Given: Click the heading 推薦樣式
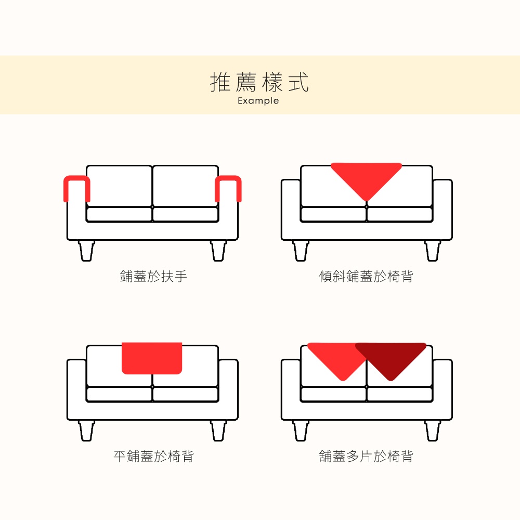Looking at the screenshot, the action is (259, 82).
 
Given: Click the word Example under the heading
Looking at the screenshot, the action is (258, 101).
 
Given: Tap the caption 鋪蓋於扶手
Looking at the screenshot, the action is (153, 276).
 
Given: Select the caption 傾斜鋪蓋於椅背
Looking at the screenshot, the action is (366, 276).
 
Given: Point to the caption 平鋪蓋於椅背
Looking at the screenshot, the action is (153, 457).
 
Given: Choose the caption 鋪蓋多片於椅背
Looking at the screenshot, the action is (366, 457).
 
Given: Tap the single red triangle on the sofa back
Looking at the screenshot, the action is (367, 177).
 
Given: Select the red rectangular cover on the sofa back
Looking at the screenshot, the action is (152, 358).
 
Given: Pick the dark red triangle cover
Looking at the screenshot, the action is (391, 358).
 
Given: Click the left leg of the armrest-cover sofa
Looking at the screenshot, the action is (86, 251).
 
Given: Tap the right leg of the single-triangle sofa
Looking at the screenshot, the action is (433, 251).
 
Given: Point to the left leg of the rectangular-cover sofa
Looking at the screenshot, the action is (86, 431).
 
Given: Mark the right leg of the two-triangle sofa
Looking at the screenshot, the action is (433, 431).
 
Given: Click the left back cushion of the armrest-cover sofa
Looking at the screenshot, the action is (120, 186).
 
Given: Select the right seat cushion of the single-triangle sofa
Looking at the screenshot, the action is (399, 214).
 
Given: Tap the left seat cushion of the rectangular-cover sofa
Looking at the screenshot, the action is (119, 394).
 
